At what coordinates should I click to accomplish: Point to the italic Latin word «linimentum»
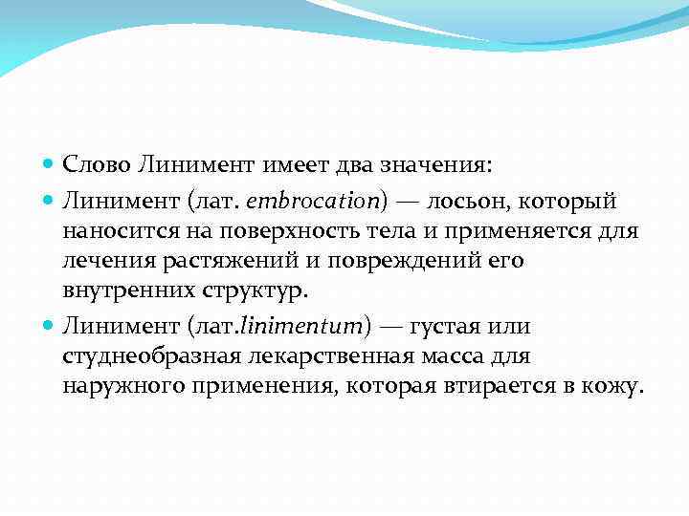[x=305, y=327]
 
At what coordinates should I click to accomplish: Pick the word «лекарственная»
[x=329, y=355]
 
